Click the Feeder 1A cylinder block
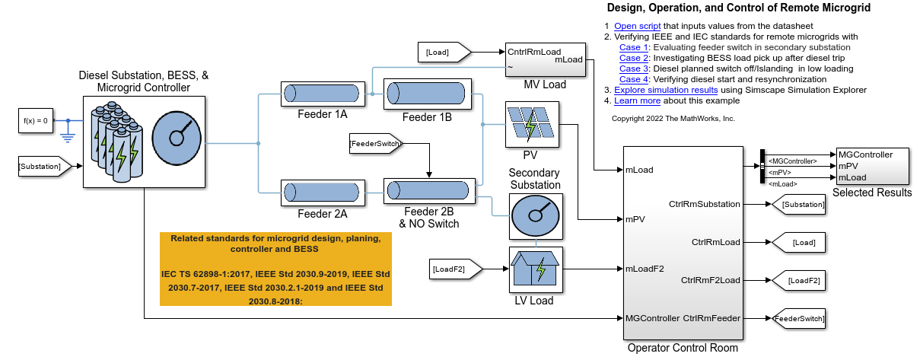pyautogui.click(x=320, y=94)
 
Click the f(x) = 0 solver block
pyautogui.click(x=36, y=120)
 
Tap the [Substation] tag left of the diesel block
pyautogui.click(x=43, y=165)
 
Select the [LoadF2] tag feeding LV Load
pyautogui.click(x=455, y=268)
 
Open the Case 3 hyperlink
pyautogui.click(x=634, y=68)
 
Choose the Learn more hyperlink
pyautogui.click(x=637, y=100)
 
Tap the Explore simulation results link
pyautogui.click(x=666, y=90)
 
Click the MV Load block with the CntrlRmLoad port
pyautogui.click(x=545, y=59)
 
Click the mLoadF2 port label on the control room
pyautogui.click(x=645, y=268)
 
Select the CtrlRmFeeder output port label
pyautogui.click(x=711, y=317)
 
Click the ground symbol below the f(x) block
pyautogui.click(x=67, y=137)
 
